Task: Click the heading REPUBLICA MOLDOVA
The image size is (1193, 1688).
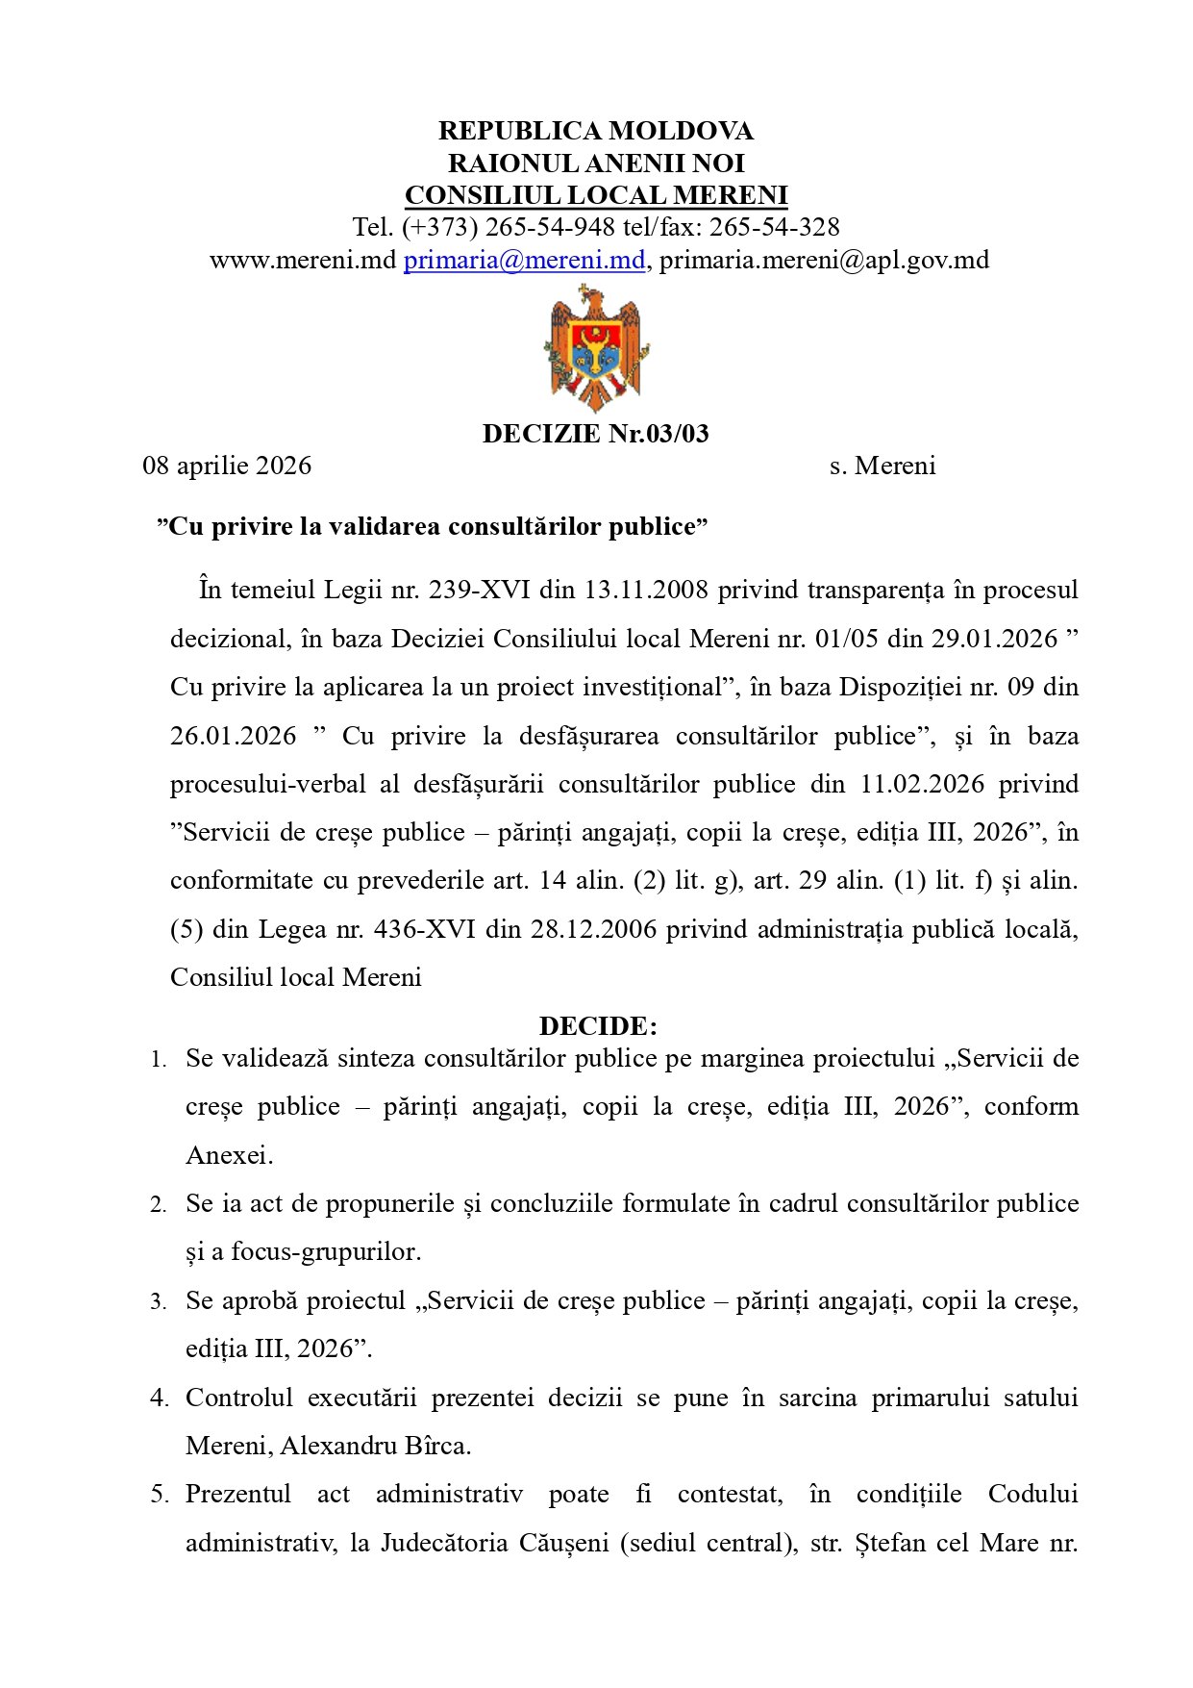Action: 596,131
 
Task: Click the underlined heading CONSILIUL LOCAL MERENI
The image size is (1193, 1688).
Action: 596,195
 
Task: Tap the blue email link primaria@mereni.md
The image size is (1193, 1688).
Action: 524,260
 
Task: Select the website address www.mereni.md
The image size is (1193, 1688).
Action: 303,260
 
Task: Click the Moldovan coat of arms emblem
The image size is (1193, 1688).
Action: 595,348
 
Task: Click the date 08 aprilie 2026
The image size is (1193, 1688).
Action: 227,466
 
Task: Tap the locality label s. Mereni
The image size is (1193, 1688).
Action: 882,466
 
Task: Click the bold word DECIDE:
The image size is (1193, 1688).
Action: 598,1025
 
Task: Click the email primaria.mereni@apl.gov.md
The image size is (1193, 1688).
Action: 824,260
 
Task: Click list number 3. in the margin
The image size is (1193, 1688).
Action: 159,1302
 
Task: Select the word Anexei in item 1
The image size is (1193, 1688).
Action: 228,1155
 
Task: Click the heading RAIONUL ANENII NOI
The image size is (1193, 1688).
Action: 596,163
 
